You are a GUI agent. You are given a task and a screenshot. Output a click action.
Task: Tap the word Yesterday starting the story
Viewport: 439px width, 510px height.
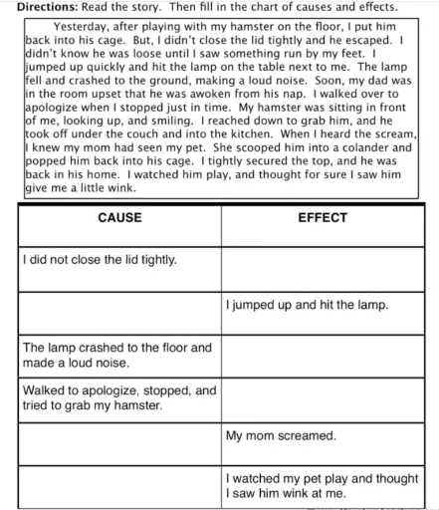point(84,26)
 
